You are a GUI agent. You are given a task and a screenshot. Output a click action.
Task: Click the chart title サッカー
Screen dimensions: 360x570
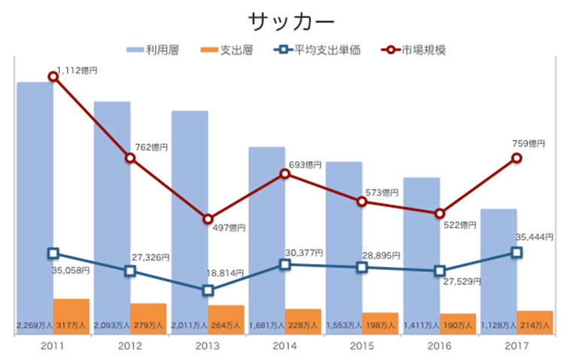click(285, 20)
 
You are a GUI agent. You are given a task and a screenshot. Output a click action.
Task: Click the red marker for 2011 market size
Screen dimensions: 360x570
click(53, 76)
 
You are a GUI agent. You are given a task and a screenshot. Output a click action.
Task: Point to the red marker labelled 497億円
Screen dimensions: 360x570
click(208, 219)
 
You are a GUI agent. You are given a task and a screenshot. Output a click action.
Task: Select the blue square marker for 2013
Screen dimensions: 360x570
click(208, 290)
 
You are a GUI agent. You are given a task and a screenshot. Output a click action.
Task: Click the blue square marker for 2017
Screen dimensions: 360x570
click(517, 253)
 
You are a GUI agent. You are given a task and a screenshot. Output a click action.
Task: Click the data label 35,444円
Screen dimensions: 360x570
click(535, 237)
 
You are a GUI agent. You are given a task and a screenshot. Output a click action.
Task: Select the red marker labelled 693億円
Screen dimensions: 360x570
click(285, 174)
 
